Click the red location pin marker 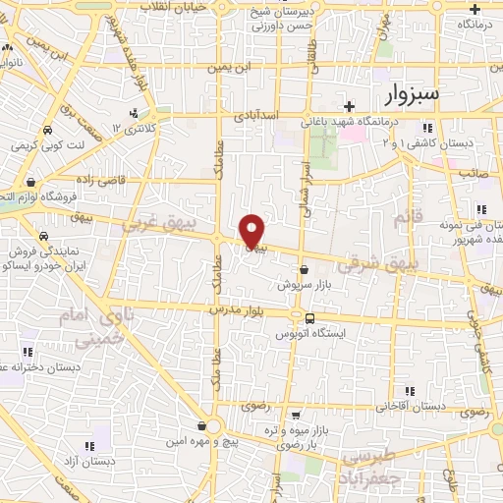(x=252, y=231)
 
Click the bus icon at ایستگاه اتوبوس (x=310, y=318)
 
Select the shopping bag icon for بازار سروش (x=303, y=268)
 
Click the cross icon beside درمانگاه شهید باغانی (x=349, y=106)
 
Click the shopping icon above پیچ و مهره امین (x=202, y=426)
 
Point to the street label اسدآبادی (x=257, y=117)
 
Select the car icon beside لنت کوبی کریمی (x=47, y=130)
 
